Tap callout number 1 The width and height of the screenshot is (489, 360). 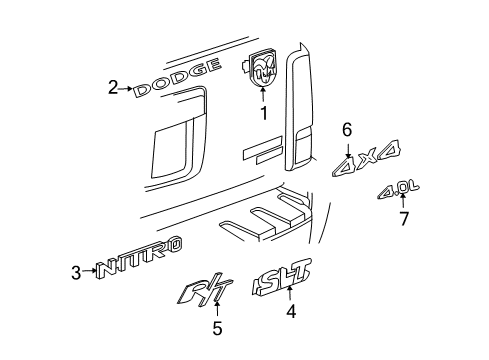click(264, 114)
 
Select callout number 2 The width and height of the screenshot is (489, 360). click(114, 88)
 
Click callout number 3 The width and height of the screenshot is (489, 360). click(78, 270)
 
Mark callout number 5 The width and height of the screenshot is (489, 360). click(217, 328)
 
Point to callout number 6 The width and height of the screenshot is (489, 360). click(347, 129)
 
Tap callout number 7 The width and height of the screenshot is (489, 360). click(404, 219)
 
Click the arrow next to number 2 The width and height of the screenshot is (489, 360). click(127, 88)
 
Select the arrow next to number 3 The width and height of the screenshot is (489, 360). click(90, 270)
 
